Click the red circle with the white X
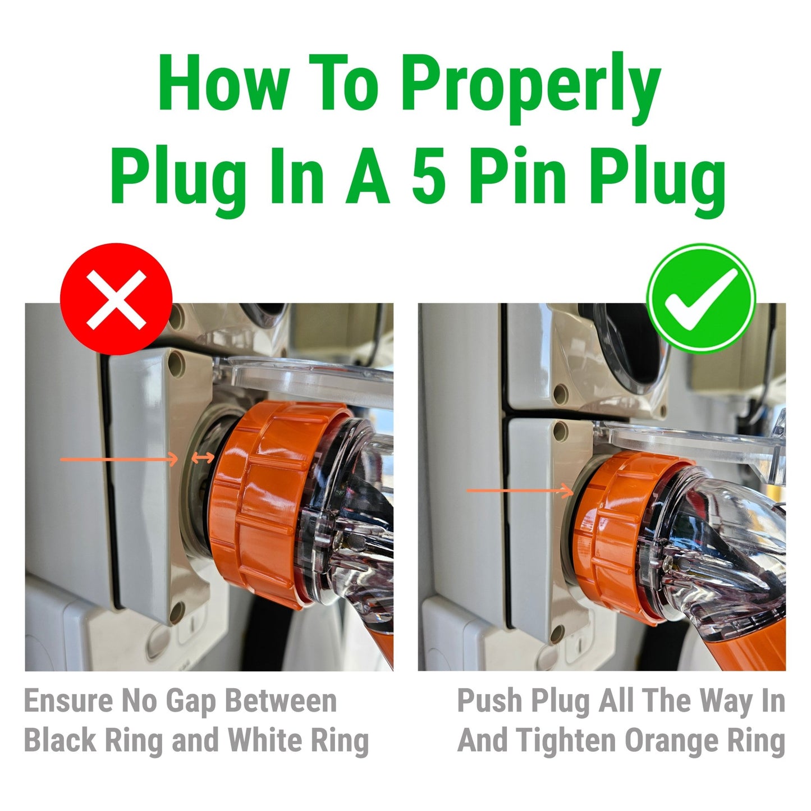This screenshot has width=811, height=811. click(116, 299)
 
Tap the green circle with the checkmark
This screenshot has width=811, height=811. click(701, 298)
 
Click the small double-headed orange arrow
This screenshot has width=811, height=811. click(203, 459)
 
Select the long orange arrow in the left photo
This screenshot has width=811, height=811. click(118, 460)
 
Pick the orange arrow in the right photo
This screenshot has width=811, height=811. click(520, 491)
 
